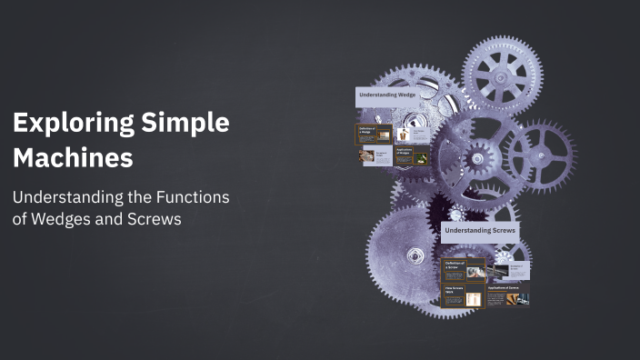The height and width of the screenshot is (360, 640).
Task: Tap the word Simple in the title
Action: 187,124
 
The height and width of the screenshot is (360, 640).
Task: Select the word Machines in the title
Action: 73,157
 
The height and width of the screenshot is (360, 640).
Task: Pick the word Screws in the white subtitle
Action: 155,220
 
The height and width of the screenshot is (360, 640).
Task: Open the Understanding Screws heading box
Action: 480,231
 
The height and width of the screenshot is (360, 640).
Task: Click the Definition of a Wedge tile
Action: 374,134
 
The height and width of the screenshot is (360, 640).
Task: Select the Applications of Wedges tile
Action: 412,155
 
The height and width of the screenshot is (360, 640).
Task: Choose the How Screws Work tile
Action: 463,296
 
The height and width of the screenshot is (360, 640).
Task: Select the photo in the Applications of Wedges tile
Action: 422,158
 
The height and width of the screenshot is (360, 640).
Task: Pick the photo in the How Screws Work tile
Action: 474,298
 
